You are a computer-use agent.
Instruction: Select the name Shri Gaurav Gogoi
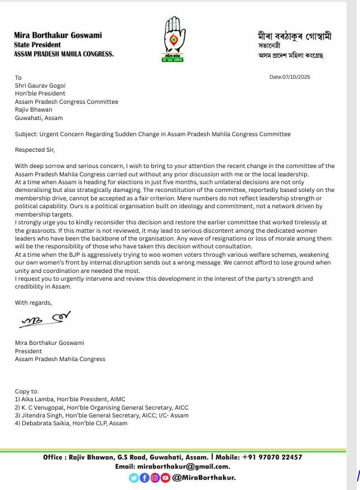(x=40, y=86)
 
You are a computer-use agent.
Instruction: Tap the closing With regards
(x=33, y=302)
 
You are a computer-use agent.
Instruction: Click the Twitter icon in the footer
(x=133, y=478)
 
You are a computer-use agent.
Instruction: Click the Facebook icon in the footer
(x=143, y=478)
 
